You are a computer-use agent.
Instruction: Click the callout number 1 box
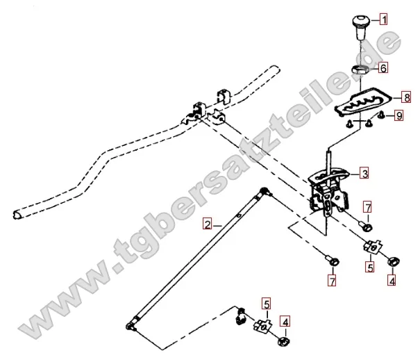pyautogui.click(x=383, y=20)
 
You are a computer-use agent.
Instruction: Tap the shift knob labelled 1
pyautogui.click(x=360, y=27)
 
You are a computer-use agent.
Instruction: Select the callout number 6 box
pyautogui.click(x=383, y=68)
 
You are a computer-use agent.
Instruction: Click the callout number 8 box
pyautogui.click(x=407, y=97)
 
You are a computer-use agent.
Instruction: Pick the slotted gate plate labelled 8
pyautogui.click(x=364, y=103)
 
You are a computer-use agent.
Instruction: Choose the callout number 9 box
pyautogui.click(x=399, y=116)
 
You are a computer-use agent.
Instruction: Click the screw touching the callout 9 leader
pyautogui.click(x=381, y=116)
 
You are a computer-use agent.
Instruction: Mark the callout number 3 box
pyautogui.click(x=364, y=174)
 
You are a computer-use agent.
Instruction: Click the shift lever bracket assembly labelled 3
pyautogui.click(x=328, y=190)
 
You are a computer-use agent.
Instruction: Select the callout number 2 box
pyautogui.click(x=208, y=224)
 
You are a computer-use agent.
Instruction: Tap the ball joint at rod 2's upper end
pyautogui.click(x=264, y=191)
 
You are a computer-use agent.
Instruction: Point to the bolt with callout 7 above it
pyautogui.click(x=366, y=227)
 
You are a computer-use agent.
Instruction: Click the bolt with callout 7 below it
pyautogui.click(x=333, y=261)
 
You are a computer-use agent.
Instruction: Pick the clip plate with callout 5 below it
pyautogui.click(x=373, y=247)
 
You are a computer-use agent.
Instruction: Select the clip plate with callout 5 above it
pyautogui.click(x=263, y=327)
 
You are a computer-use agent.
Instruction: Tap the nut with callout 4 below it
pyautogui.click(x=394, y=261)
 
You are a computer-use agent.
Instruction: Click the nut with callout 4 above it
pyautogui.click(x=284, y=341)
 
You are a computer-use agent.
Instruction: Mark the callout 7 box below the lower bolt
pyautogui.click(x=332, y=281)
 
